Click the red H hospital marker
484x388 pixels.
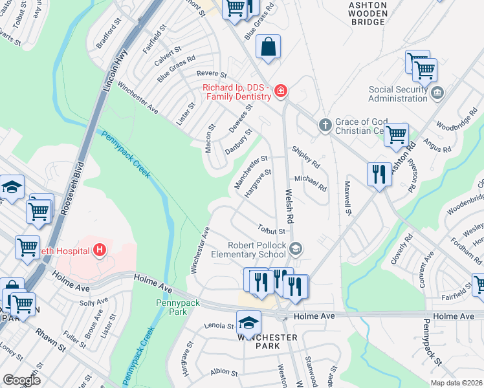99,249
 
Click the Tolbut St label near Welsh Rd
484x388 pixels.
271,230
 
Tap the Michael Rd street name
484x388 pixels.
311,183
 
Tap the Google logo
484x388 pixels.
21,380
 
